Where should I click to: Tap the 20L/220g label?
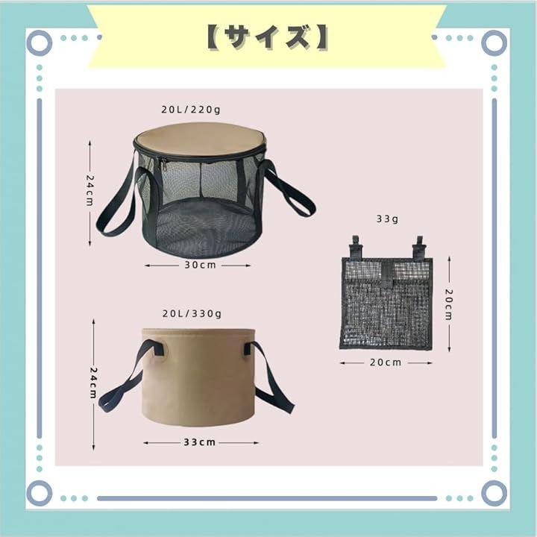tap(191, 110)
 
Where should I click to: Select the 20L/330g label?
tap(192, 314)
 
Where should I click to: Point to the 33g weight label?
tap(387, 219)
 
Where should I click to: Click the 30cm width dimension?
tap(201, 265)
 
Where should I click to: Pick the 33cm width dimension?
tap(200, 442)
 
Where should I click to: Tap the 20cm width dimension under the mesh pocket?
tap(386, 362)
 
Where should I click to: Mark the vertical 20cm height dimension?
tap(449, 304)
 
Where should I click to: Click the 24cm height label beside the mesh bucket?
tap(89, 191)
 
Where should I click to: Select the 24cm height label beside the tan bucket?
tap(93, 383)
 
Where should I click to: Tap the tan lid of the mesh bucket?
tap(200, 139)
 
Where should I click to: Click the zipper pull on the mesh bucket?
tap(163, 166)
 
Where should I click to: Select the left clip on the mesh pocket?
tap(356, 247)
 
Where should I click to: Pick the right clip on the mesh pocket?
tap(419, 247)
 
